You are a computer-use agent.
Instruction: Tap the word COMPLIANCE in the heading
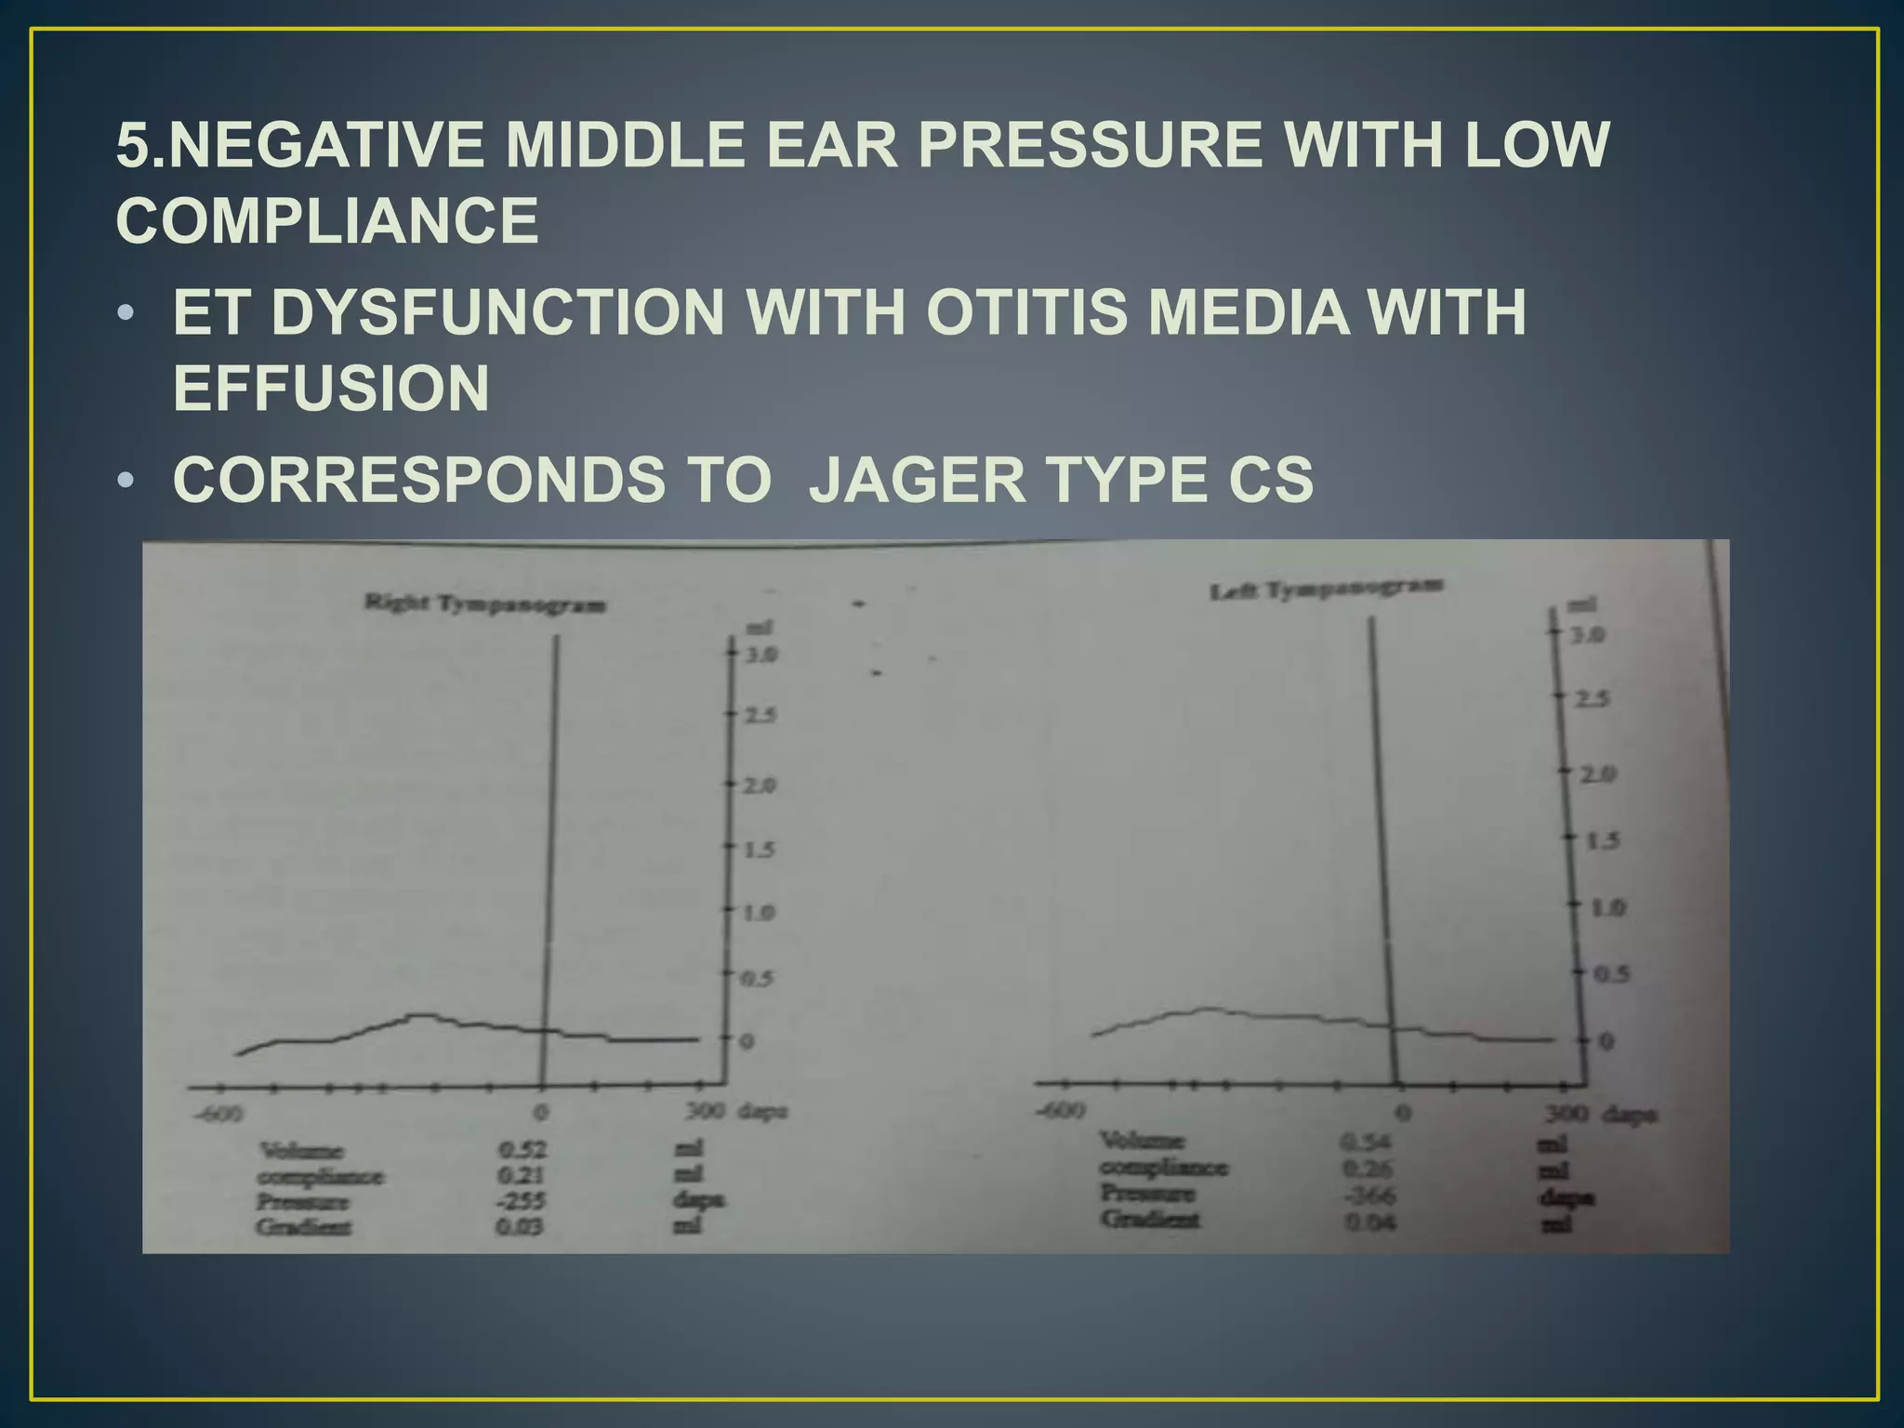[327, 221]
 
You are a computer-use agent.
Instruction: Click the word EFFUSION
[331, 389]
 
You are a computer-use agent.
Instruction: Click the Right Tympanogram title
[484, 604]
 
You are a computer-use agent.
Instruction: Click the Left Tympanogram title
[1327, 588]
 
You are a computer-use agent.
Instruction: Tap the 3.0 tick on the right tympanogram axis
[760, 655]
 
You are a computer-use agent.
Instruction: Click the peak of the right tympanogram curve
[420, 1014]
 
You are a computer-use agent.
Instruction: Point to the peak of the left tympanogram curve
[1207, 1009]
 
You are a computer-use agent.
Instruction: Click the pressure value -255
[521, 1201]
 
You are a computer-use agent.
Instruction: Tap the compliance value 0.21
[521, 1175]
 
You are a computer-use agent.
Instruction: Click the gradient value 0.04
[1370, 1222]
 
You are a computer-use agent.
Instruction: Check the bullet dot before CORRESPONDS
[126, 481]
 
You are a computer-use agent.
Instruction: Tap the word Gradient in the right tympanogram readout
[304, 1227]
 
